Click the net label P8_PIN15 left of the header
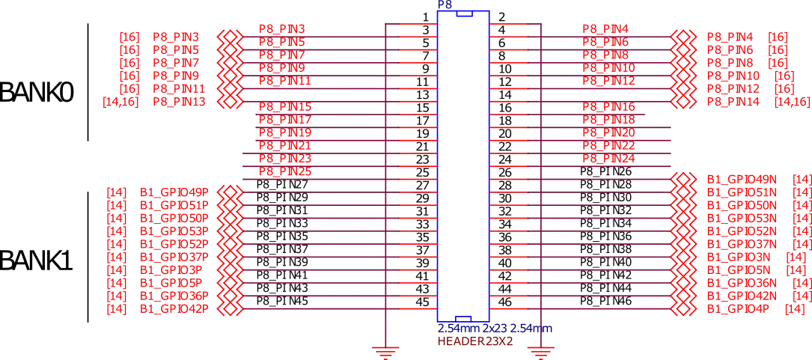click(284, 107)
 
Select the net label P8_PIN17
click(284, 120)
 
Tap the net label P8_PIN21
click(284, 145)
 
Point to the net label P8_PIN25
click(284, 171)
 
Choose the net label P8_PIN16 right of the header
click(608, 107)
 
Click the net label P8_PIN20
click(608, 132)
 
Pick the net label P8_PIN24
click(608, 159)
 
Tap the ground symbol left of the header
click(386, 347)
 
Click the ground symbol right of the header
click(539, 347)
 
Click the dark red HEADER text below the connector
click(475, 341)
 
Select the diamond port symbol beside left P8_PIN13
click(230, 101)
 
